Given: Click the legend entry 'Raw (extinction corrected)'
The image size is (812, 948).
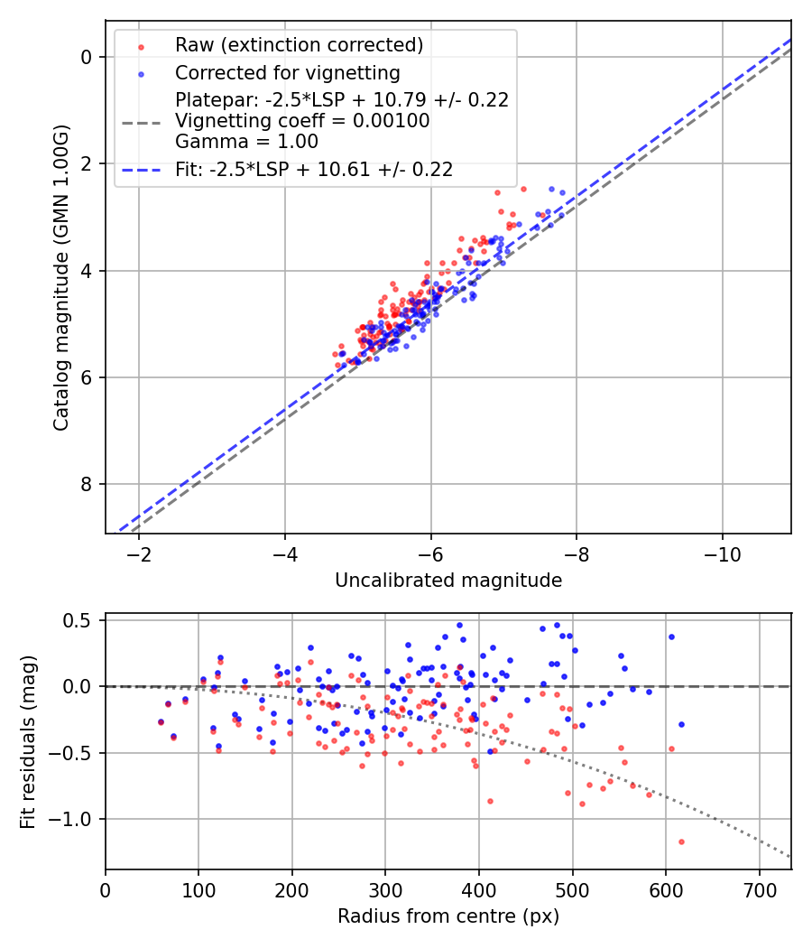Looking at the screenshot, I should click(299, 45).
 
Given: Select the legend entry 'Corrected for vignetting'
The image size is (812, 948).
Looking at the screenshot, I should click(287, 72).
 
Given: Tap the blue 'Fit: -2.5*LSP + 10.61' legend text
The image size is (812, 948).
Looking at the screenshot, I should click(314, 169).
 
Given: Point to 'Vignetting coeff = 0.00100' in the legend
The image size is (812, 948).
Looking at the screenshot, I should click(302, 120).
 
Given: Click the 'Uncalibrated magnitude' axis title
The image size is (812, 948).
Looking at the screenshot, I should click(448, 581).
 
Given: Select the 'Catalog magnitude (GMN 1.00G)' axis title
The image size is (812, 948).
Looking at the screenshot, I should click(60, 277).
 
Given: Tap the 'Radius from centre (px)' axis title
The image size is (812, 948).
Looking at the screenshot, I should click(448, 916).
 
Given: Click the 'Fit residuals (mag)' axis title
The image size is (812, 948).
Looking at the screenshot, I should click(27, 741).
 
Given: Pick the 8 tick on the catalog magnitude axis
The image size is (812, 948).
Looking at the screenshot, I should click(88, 485).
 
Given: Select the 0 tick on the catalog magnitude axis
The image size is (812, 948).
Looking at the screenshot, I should click(88, 57).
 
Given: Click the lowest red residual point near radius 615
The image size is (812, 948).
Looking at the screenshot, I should click(681, 841).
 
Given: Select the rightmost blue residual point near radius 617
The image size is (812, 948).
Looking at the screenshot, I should click(681, 724).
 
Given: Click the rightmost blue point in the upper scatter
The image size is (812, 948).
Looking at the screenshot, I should click(562, 192).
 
